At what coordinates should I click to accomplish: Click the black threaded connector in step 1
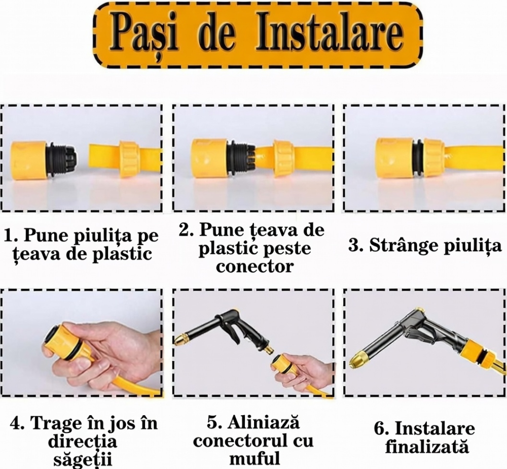(x=62, y=159)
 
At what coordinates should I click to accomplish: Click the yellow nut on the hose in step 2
(x=283, y=159)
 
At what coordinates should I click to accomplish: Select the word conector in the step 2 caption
(x=255, y=266)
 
